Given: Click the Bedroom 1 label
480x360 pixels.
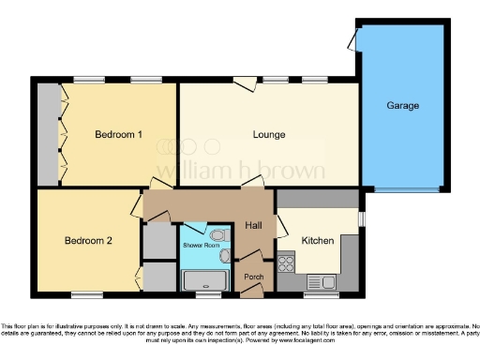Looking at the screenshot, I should [x=118, y=134].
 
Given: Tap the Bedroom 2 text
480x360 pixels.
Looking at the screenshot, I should [x=88, y=241].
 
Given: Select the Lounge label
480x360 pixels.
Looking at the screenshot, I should [x=269, y=134].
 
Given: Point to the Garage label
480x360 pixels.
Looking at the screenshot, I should [x=403, y=106].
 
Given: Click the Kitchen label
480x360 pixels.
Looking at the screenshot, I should [x=317, y=241].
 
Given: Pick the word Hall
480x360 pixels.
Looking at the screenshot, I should [x=253, y=225].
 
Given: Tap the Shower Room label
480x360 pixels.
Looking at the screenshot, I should [x=199, y=243].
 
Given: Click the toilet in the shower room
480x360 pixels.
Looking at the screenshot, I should [x=217, y=234].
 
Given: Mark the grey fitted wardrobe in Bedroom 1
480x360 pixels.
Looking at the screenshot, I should [x=47, y=134].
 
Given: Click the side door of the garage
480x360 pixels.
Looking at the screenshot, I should [x=351, y=39].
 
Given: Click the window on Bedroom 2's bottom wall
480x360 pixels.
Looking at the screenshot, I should [x=87, y=294].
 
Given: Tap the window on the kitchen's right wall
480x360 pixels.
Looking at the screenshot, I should [x=361, y=217].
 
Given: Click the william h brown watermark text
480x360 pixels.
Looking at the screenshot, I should [x=239, y=172].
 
